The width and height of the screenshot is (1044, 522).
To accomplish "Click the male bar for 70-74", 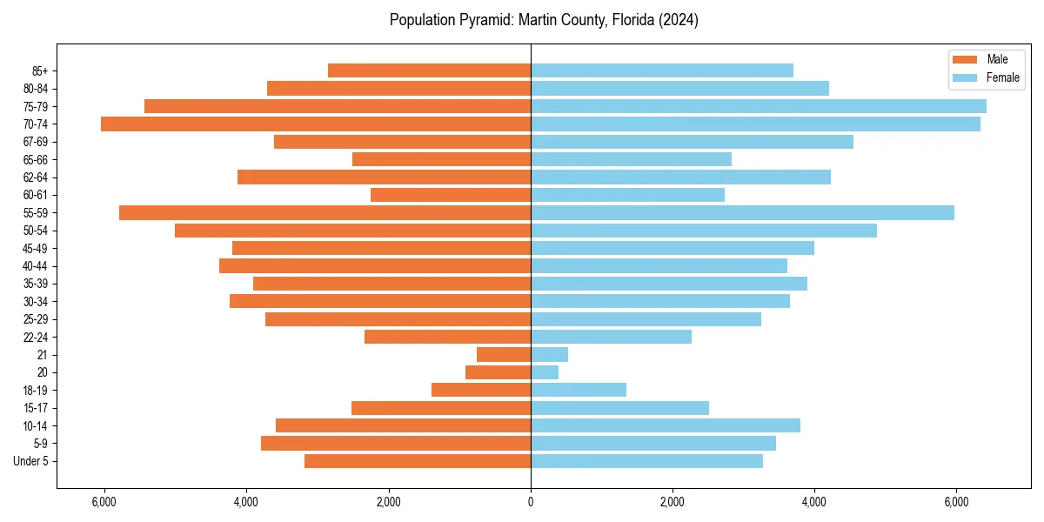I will (x=316, y=124).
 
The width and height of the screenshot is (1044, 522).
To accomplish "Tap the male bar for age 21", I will (x=504, y=354).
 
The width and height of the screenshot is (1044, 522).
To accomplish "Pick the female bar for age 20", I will (x=545, y=372).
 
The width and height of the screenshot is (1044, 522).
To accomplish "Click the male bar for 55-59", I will (x=325, y=212).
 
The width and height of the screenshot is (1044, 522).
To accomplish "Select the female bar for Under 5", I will (x=646, y=461).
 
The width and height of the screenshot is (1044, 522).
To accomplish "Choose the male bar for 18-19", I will (x=481, y=390).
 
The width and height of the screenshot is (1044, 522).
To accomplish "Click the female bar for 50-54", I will (x=704, y=231).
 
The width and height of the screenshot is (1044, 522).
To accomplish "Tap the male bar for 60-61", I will (x=451, y=195).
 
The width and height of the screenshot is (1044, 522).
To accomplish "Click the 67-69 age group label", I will (x=36, y=142).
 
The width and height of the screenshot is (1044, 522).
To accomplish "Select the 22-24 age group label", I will (x=36, y=337).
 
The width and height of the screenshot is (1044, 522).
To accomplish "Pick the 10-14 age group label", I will (x=36, y=425).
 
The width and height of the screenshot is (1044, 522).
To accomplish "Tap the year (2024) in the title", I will (x=679, y=20).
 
